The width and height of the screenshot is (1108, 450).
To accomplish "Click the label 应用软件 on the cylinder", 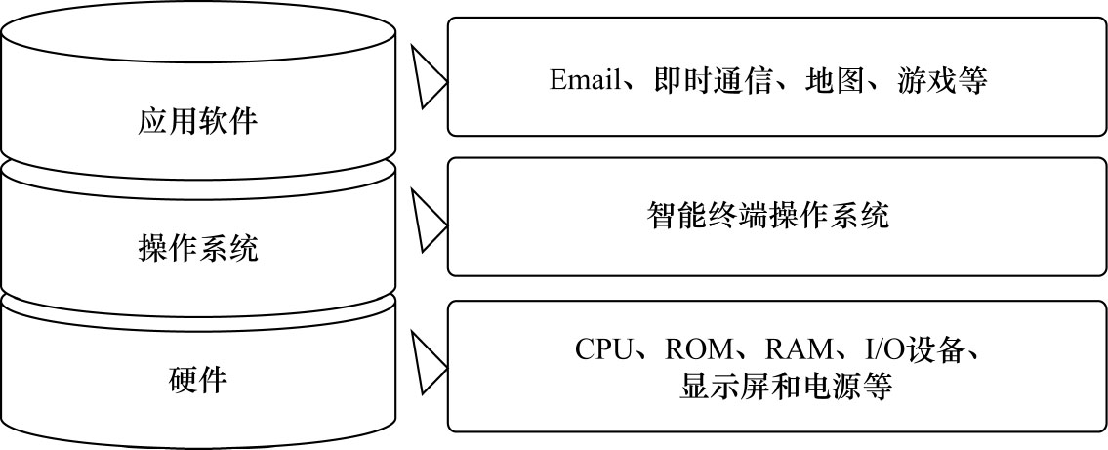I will click(198, 123).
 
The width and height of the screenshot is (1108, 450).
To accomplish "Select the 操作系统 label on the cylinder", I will click(198, 249).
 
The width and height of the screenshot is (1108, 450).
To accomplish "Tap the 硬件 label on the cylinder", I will click(198, 378).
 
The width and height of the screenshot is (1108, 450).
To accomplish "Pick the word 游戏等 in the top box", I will click(940, 80).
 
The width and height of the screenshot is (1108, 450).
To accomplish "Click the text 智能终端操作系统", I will click(768, 215).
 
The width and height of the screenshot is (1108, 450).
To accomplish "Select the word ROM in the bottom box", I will click(698, 349).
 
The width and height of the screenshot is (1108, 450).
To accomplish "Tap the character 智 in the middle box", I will click(661, 215).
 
